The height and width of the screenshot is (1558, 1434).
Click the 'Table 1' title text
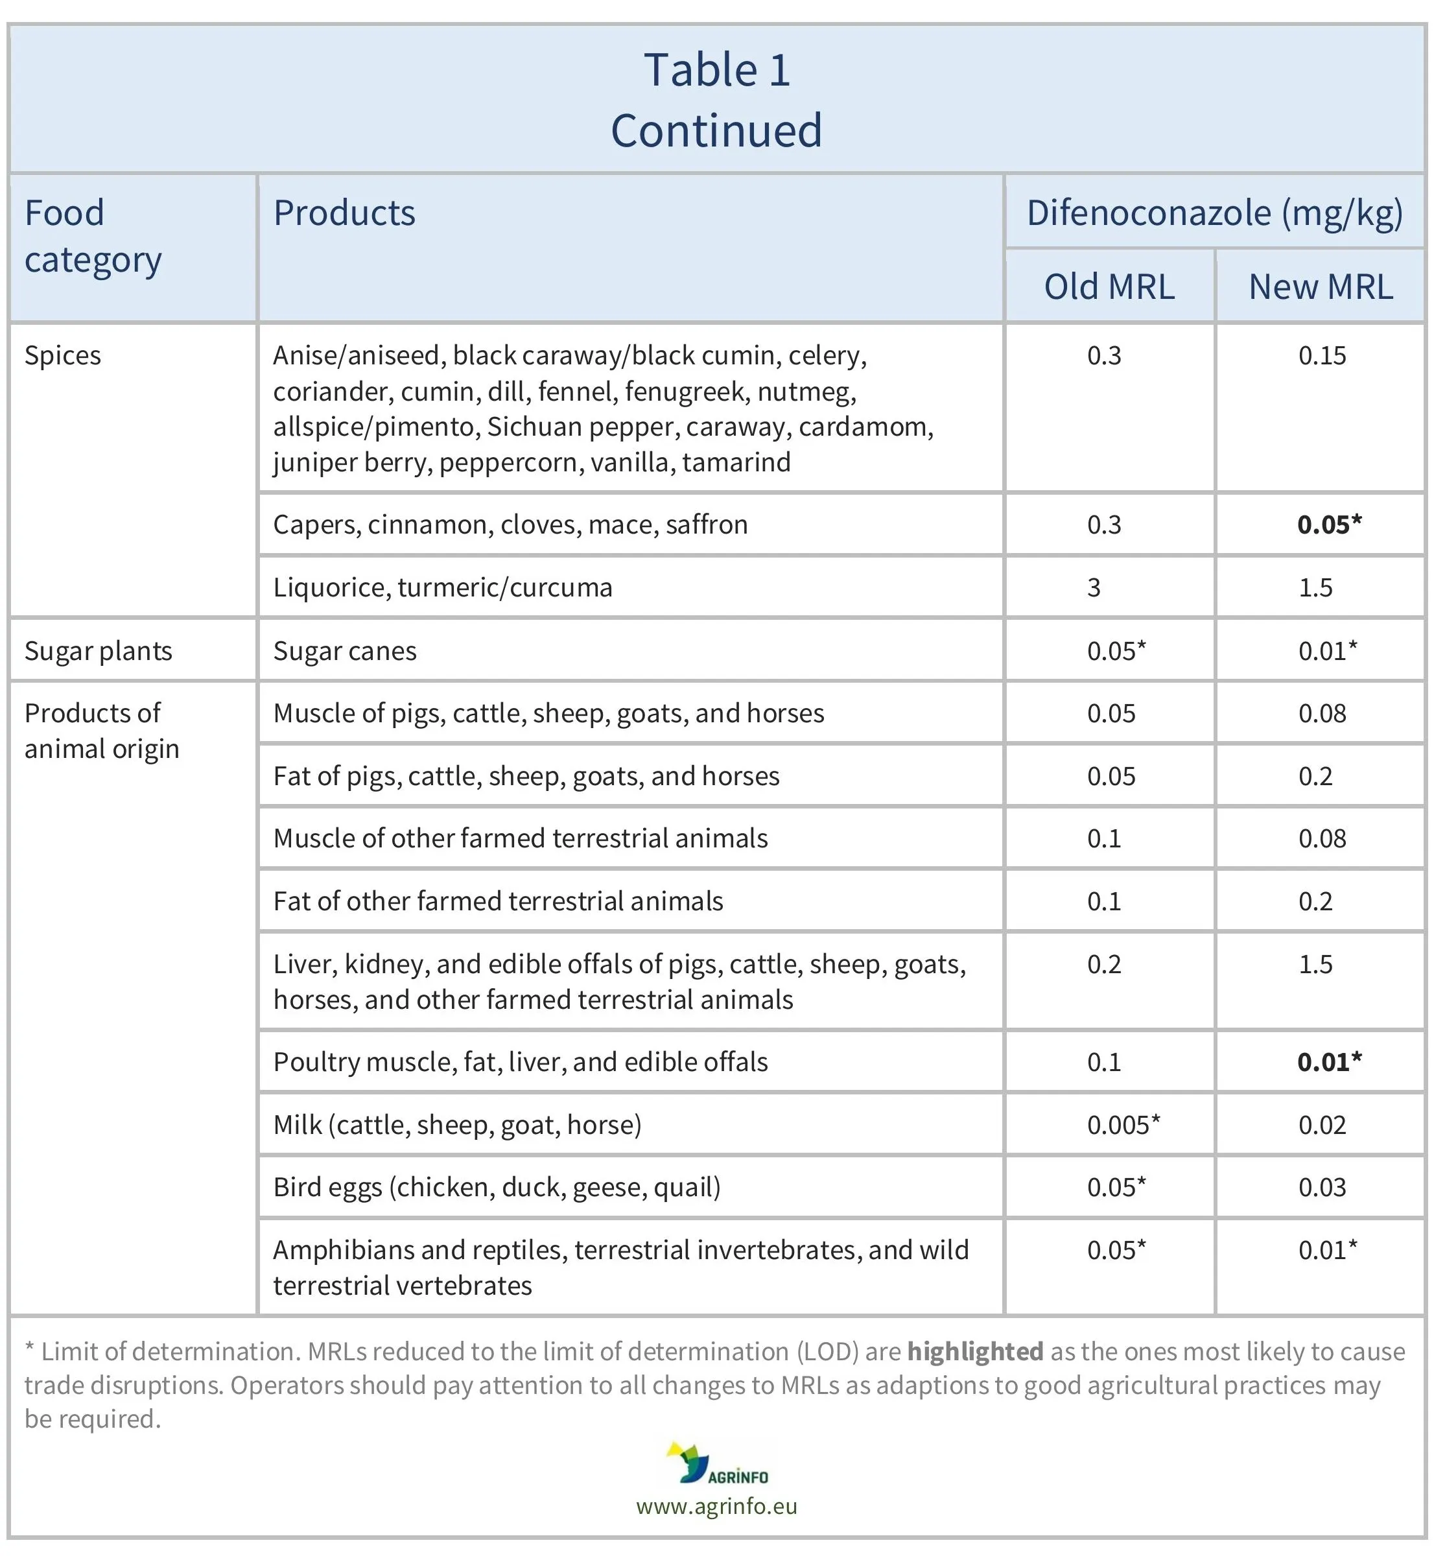[x=716, y=71]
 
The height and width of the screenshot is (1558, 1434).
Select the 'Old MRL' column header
[x=1109, y=287]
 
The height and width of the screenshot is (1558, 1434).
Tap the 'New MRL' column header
[x=1320, y=287]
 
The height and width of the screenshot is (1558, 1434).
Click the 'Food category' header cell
[x=93, y=236]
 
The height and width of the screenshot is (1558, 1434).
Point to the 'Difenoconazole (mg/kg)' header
[x=1214, y=213]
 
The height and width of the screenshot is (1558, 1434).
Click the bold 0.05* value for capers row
[x=1328, y=525]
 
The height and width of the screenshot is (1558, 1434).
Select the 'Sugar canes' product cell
[x=344, y=651]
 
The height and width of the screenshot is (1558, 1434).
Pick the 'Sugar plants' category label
[x=99, y=651]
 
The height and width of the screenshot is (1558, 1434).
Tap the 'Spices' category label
[x=63, y=355]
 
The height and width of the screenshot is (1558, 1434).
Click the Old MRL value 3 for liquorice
[x=1094, y=587]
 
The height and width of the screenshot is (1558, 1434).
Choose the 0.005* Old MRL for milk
[x=1123, y=1124]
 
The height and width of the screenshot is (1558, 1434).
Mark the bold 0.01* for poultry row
[x=1328, y=1061]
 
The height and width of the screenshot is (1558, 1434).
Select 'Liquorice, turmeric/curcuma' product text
[x=442, y=587]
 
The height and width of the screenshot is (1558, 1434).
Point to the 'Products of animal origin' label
[x=102, y=731]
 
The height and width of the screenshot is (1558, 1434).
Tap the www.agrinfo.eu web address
[x=716, y=1506]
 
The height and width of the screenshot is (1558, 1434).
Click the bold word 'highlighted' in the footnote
[x=974, y=1352]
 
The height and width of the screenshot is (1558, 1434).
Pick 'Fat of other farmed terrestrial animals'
[x=498, y=901]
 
